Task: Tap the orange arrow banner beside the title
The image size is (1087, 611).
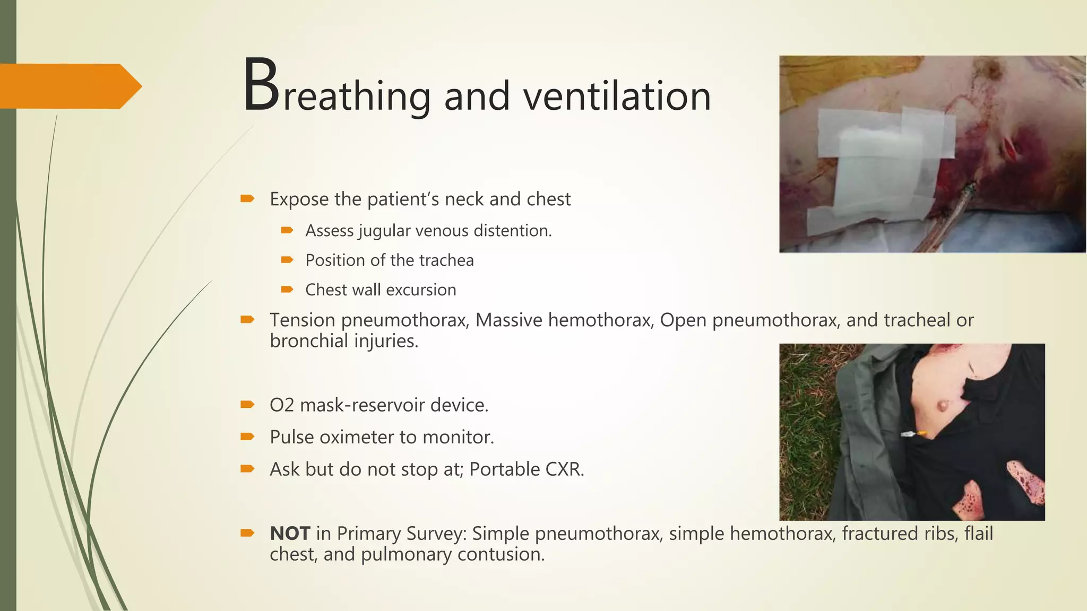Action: [x=69, y=86]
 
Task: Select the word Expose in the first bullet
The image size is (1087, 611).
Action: [x=299, y=199]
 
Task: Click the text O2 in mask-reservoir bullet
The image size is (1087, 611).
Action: [x=282, y=405]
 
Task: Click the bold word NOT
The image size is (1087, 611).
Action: [x=290, y=534]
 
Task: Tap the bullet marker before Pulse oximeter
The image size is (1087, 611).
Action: [x=247, y=437]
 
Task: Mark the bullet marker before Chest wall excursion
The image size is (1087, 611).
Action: [x=287, y=290]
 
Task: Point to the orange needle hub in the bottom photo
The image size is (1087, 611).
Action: [x=922, y=434]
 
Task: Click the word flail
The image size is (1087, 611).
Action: [x=978, y=534]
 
